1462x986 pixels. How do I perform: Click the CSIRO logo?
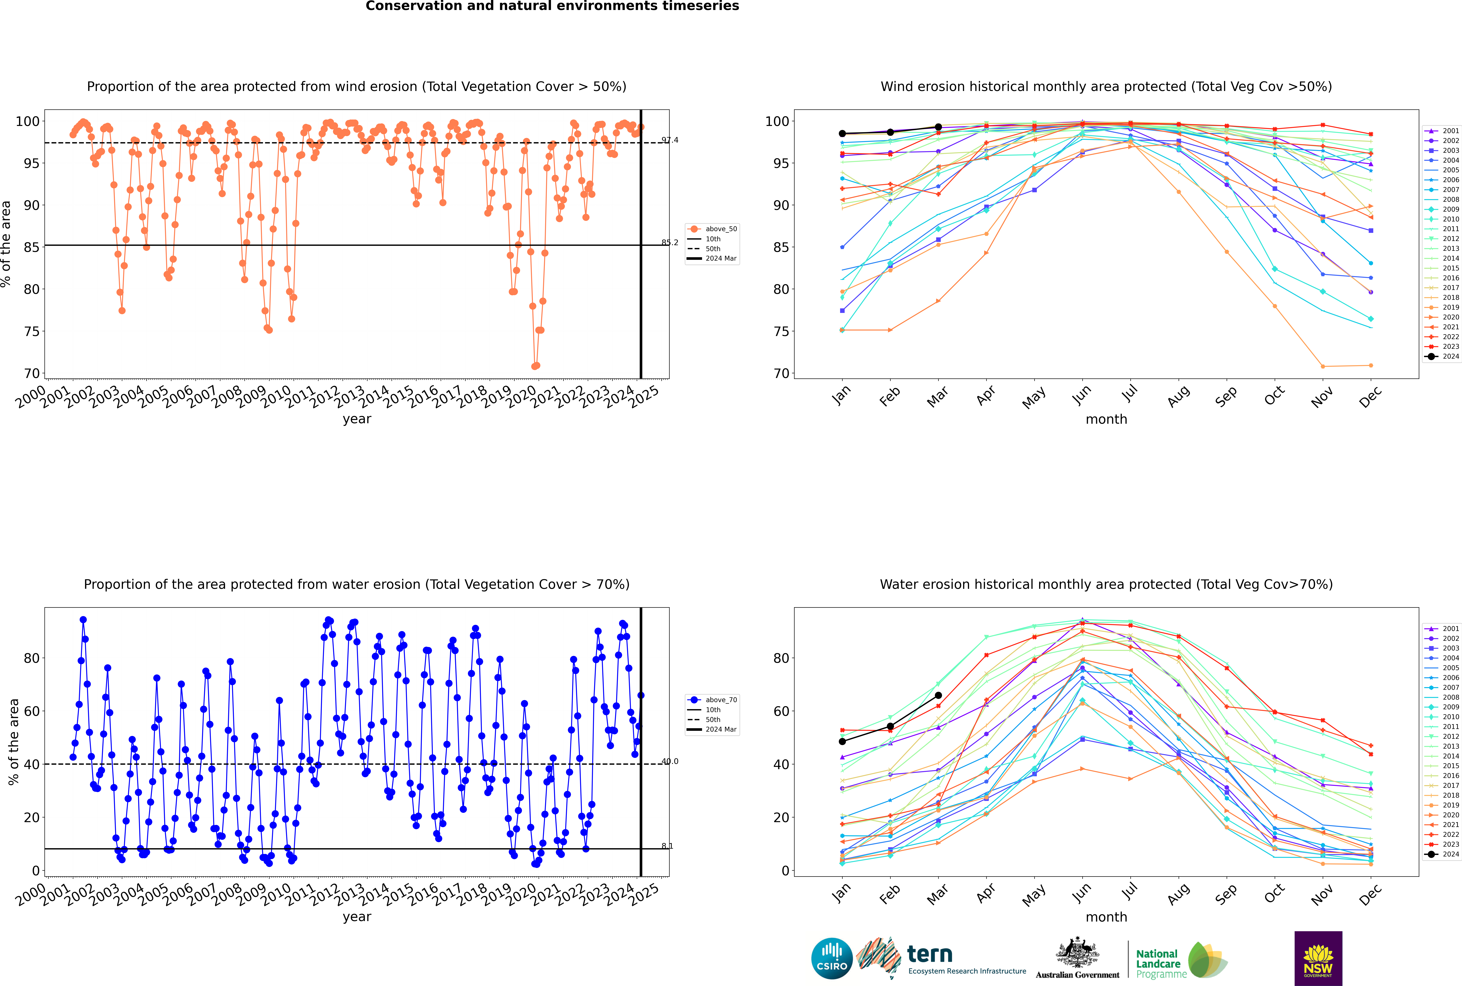(832, 958)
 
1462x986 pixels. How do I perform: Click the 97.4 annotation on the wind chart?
(669, 140)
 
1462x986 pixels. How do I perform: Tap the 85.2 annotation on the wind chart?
(669, 243)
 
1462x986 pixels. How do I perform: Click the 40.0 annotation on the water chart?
(669, 762)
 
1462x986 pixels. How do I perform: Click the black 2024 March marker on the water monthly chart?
(938, 695)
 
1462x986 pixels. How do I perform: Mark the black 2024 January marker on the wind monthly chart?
(842, 133)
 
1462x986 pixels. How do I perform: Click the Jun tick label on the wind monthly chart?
(1081, 395)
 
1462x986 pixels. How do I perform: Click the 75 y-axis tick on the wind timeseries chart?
(31, 331)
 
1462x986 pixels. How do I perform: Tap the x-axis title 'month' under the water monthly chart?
(1106, 917)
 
